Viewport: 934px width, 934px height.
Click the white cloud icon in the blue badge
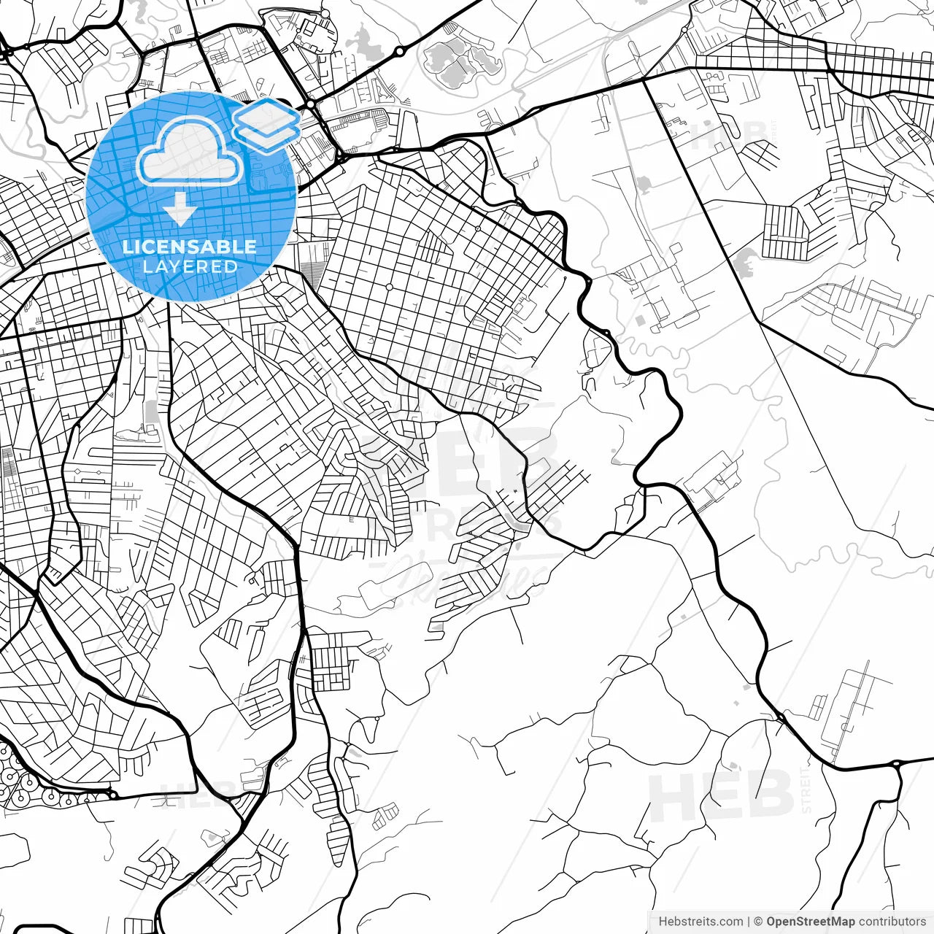(190, 152)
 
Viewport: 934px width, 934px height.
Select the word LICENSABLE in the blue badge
(190, 247)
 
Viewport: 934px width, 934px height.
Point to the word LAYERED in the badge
(190, 267)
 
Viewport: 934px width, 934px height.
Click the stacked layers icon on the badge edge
(266, 125)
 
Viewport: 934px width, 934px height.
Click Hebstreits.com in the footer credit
(700, 922)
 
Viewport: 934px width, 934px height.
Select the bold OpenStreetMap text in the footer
(811, 922)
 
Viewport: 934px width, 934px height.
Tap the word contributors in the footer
(892, 922)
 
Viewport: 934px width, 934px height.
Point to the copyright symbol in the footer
(758, 922)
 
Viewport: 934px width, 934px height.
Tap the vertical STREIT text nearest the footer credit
(806, 788)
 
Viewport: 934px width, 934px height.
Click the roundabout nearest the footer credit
(896, 764)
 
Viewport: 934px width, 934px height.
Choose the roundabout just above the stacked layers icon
(311, 104)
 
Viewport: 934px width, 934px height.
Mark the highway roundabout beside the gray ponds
(400, 51)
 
